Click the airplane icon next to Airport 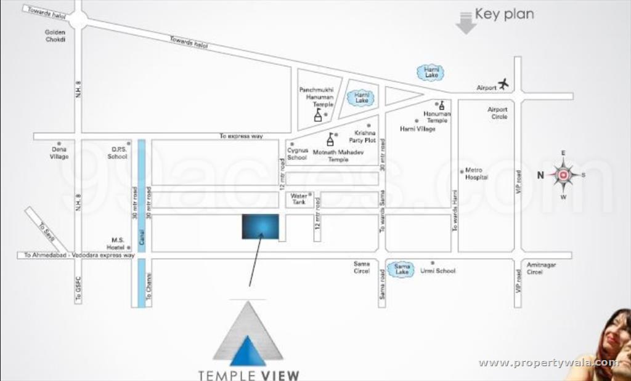[x=503, y=83]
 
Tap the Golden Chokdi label [x=55, y=36]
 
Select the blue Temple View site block [x=259, y=227]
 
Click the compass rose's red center [x=563, y=175]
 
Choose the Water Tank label [x=299, y=199]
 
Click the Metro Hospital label [x=476, y=174]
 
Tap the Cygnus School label [x=297, y=154]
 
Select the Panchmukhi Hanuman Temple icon [x=318, y=116]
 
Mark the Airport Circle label [x=498, y=113]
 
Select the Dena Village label [x=59, y=153]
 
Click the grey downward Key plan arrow [x=466, y=23]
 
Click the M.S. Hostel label [x=117, y=243]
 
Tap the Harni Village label [x=417, y=129]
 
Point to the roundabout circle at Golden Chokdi [x=78, y=19]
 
